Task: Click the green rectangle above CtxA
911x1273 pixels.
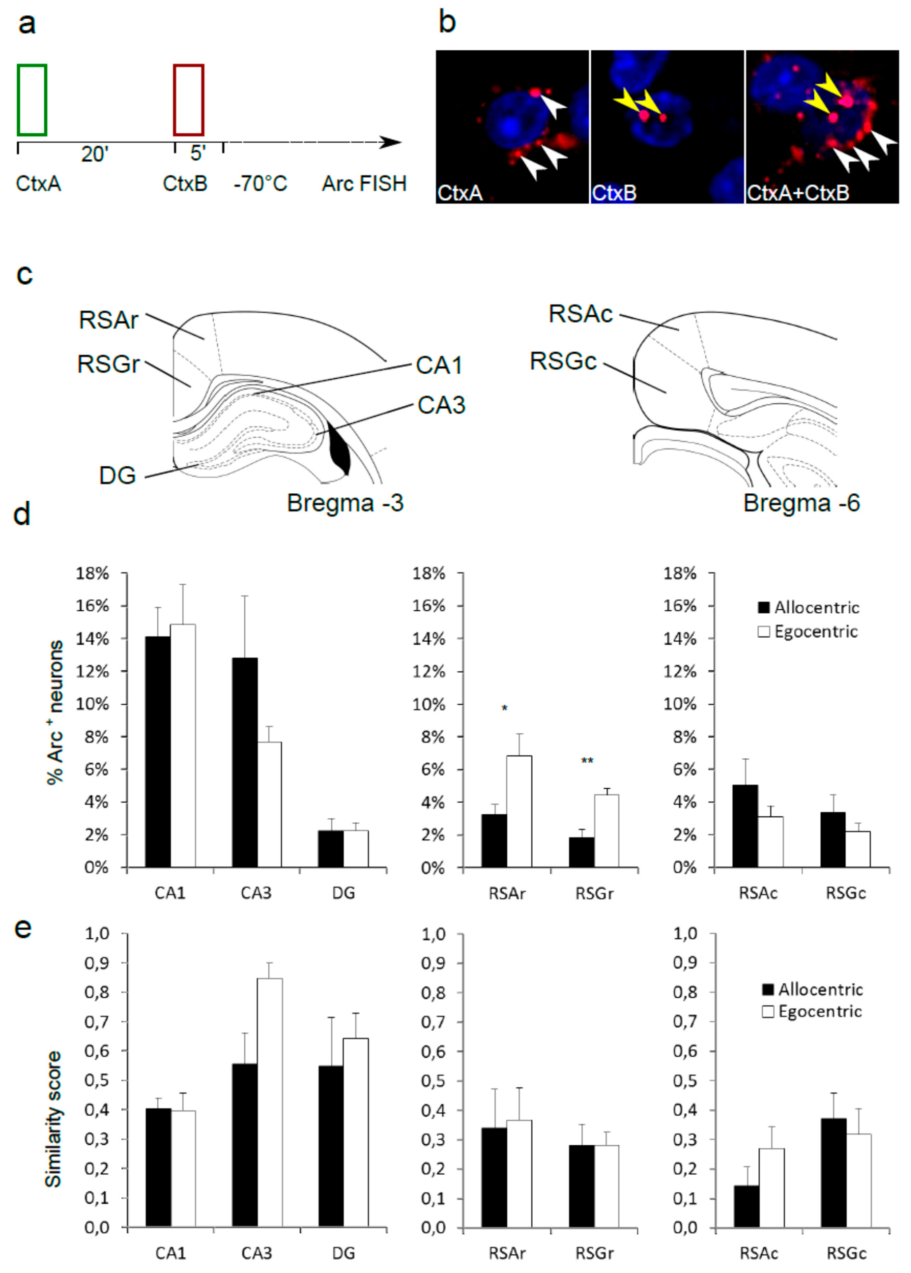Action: pos(32,100)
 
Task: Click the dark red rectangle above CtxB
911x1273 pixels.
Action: pos(189,100)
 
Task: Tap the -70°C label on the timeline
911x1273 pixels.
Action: pos(260,183)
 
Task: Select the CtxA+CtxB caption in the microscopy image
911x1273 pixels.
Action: pos(798,193)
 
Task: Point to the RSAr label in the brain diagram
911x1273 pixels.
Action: pos(108,320)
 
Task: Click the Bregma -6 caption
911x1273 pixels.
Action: pos(801,503)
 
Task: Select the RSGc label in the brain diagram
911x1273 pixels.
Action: pos(563,361)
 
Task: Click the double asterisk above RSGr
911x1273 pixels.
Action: pos(587,761)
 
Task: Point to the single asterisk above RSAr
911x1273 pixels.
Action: pos(504,708)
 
